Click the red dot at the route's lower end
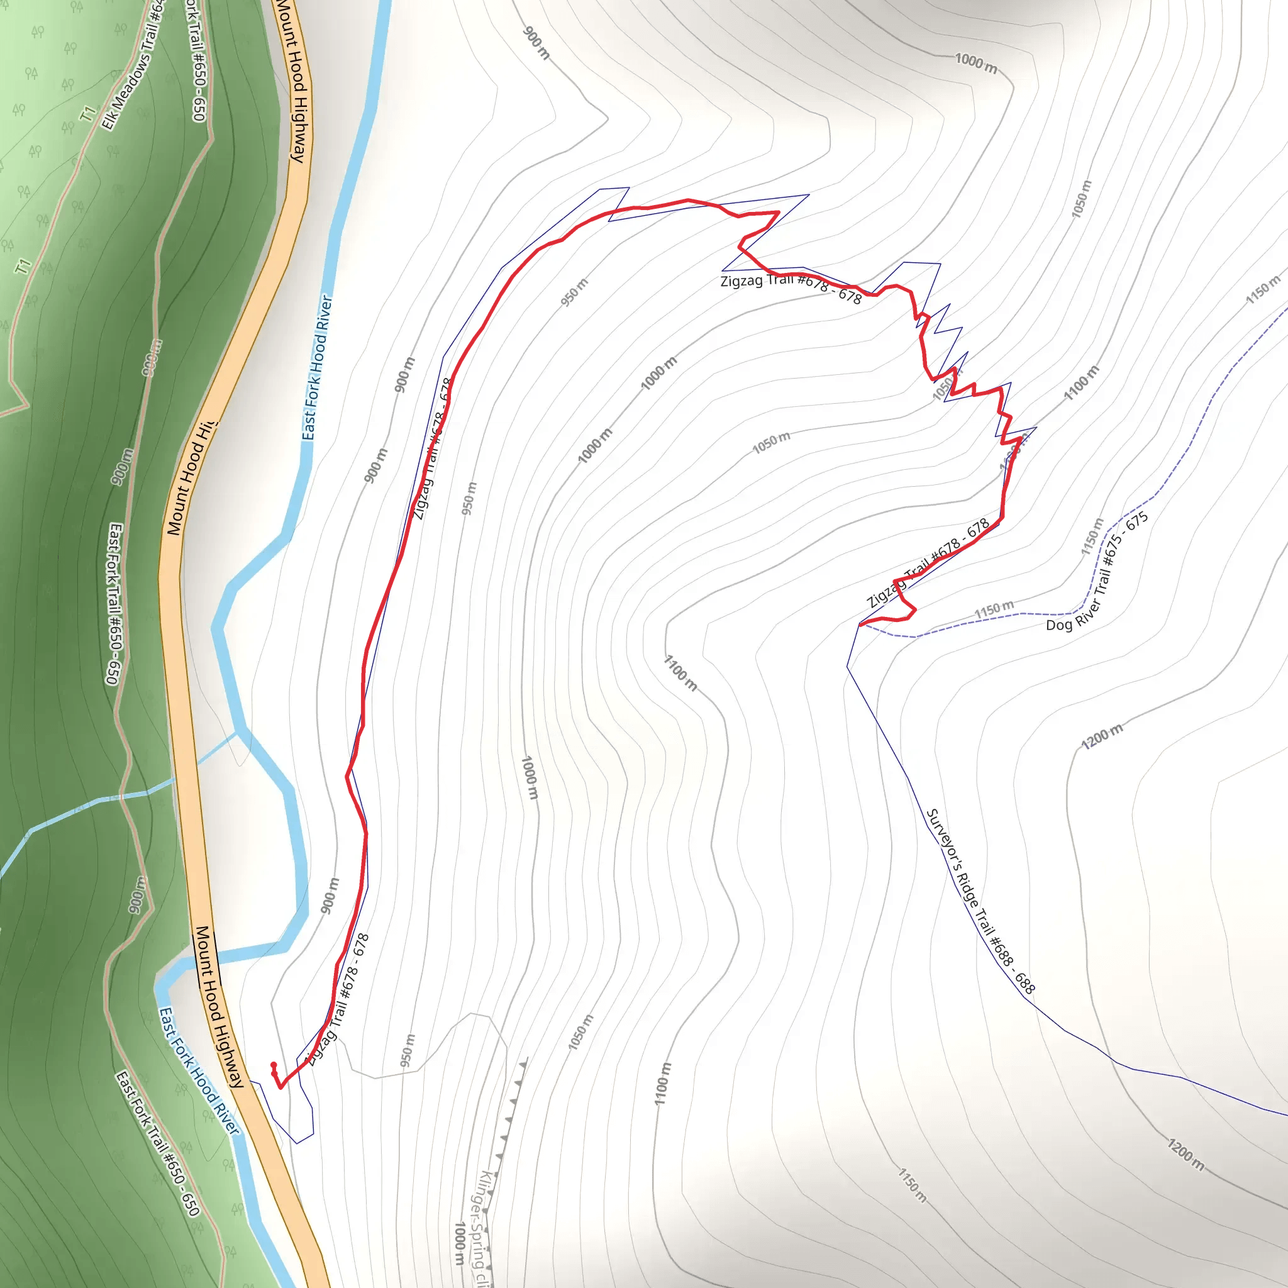tap(274, 1065)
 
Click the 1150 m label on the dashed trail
tap(993, 609)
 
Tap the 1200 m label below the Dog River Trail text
tap(1101, 736)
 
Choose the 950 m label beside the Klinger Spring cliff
tap(408, 1050)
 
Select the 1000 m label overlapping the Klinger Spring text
tap(459, 1243)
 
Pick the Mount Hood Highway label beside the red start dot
tap(219, 1007)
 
